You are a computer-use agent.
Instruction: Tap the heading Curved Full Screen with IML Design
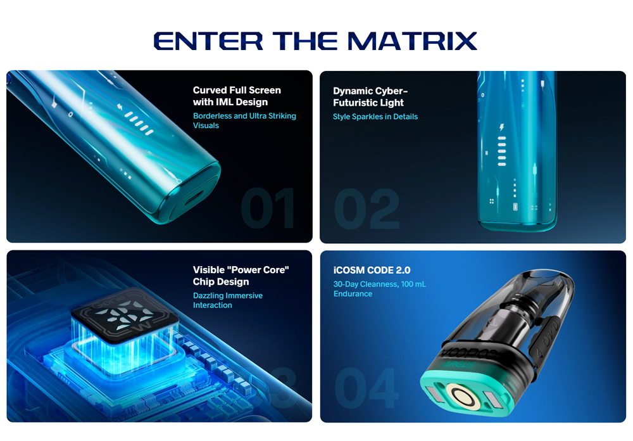click(x=237, y=96)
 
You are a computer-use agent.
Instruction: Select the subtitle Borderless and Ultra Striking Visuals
click(x=244, y=120)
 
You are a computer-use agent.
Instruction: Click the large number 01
click(x=268, y=208)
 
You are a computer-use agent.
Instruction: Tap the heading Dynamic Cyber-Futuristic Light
click(x=370, y=96)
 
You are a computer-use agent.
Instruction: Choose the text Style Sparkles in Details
click(x=375, y=117)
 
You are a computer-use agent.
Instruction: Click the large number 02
click(x=367, y=208)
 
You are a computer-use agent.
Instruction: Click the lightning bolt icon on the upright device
click(x=502, y=127)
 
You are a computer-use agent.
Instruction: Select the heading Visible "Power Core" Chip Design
click(x=241, y=276)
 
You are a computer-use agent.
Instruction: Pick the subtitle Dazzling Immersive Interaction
click(x=227, y=300)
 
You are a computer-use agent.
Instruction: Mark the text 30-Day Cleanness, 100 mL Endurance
click(x=379, y=289)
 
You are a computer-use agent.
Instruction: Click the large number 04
click(x=367, y=388)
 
